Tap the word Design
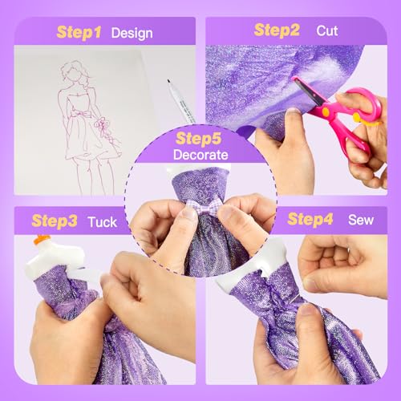point(132,34)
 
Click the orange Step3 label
point(55,218)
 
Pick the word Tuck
point(103,218)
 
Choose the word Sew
point(361,218)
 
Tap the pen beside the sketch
point(180,99)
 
